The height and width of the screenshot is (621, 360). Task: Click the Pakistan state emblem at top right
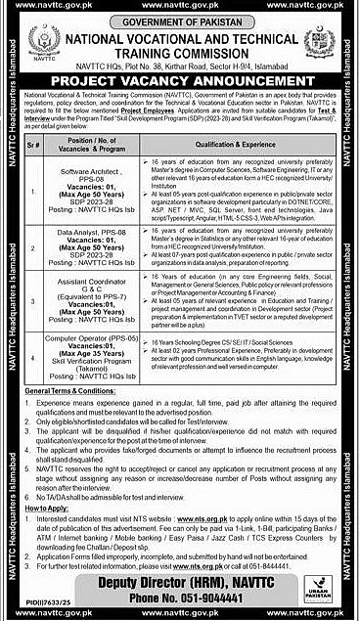(x=318, y=43)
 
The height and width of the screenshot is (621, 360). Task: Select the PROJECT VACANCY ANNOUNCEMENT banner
(x=179, y=74)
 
